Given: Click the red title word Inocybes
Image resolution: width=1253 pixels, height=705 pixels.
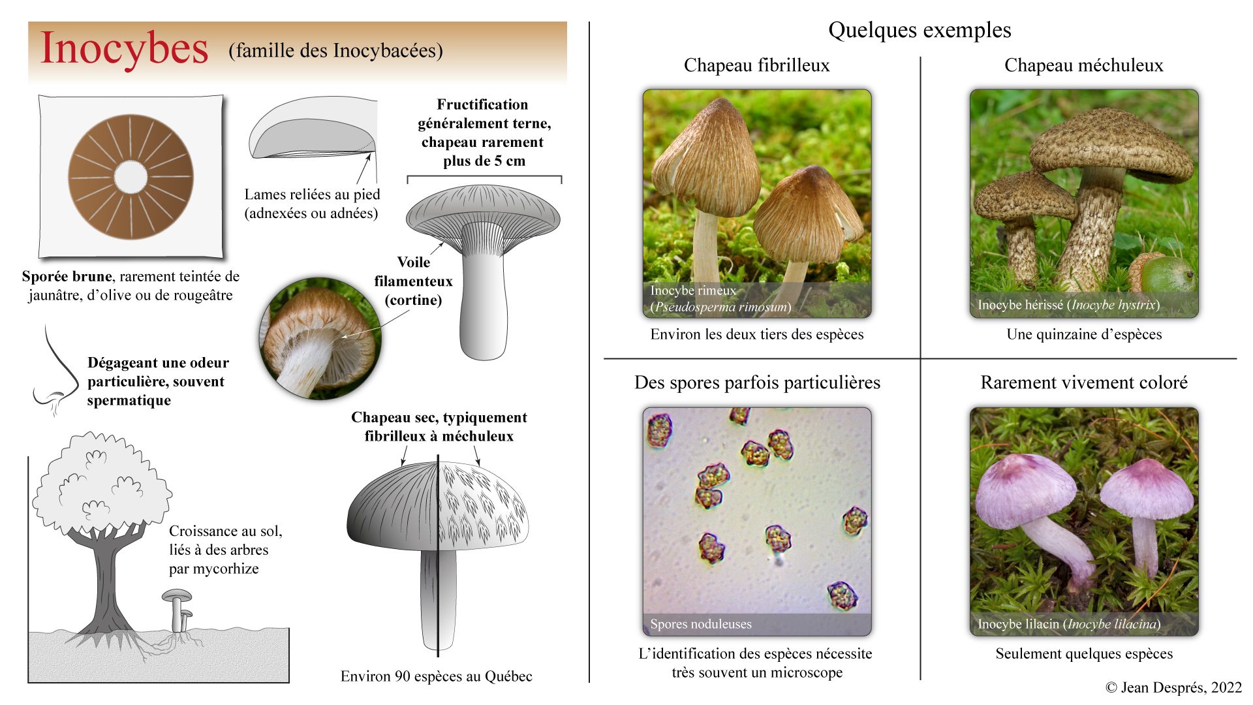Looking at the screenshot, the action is (124, 48).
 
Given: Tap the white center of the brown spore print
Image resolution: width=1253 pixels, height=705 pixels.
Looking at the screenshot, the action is (131, 178).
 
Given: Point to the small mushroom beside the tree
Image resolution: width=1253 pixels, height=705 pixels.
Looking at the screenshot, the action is (178, 610).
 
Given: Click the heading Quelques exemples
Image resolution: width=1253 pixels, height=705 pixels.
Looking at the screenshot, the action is (920, 30).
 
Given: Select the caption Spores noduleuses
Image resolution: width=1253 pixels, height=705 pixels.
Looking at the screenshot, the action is (700, 624).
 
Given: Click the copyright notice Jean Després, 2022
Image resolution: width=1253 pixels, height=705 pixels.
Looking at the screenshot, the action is (1173, 687).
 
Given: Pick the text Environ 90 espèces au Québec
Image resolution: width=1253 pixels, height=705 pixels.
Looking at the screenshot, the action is (436, 676).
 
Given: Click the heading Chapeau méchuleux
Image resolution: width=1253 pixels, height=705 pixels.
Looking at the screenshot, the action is (1083, 65).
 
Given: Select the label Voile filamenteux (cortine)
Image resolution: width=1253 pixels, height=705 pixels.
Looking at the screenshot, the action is (413, 281).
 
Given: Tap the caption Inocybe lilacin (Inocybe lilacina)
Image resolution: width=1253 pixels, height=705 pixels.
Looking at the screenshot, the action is (1068, 624).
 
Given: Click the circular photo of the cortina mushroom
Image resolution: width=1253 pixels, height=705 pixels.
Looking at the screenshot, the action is (320, 338).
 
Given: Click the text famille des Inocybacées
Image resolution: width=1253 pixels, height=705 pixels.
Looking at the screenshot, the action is (335, 51).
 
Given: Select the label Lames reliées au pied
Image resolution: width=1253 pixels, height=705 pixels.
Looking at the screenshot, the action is (312, 195).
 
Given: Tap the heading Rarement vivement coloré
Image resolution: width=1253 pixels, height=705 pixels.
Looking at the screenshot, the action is (1083, 383).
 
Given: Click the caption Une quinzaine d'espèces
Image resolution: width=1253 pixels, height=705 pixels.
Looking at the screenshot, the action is (1084, 334).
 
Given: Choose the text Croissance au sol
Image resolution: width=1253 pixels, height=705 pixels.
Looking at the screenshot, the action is (226, 531).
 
